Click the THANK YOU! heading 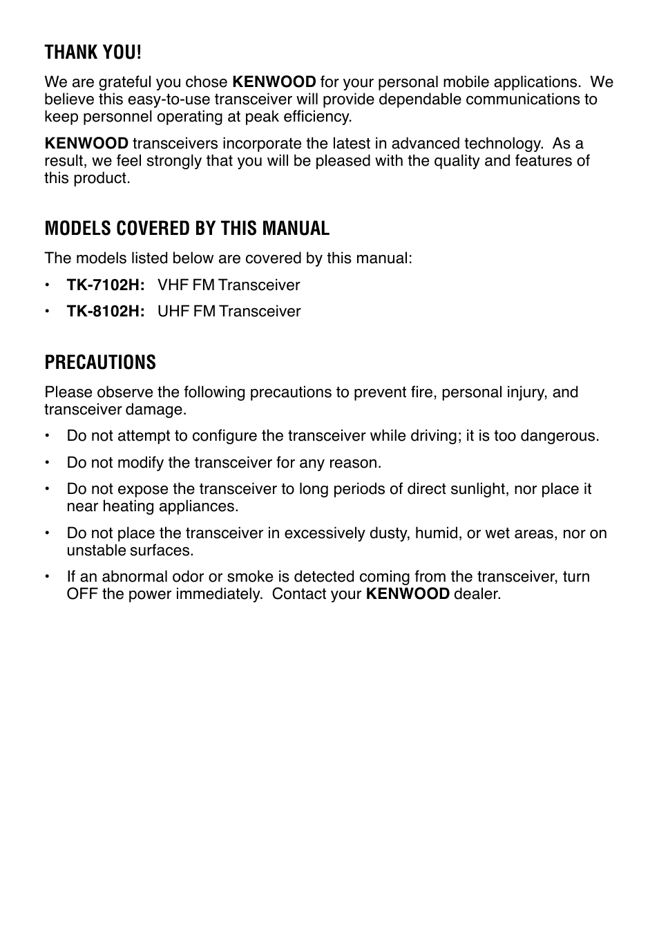[93, 52]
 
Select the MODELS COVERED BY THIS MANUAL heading [187, 228]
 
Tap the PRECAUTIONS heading [100, 362]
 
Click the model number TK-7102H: [105, 285]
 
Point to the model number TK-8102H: [105, 311]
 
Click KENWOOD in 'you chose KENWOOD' [274, 82]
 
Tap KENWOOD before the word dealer [408, 593]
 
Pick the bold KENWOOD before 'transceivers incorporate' [86, 144]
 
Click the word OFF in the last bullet [82, 593]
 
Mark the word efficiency [317, 116]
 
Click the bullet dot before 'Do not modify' [48, 462]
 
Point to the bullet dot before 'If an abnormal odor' [48, 576]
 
